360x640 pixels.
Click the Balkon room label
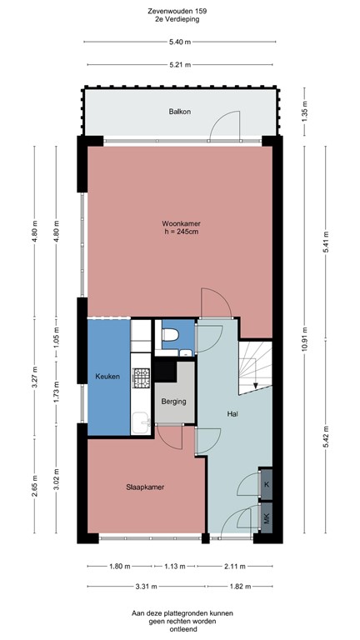point(180,111)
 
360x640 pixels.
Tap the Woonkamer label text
point(181,224)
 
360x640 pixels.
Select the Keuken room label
point(107,377)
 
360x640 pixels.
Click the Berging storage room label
point(174,402)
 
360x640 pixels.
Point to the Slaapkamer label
point(145,487)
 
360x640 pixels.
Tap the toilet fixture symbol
point(171,336)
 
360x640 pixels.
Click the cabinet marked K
point(266,483)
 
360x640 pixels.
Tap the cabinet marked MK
point(266,516)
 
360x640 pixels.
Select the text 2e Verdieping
point(180,21)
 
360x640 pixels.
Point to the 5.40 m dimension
point(180,42)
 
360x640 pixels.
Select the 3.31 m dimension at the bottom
point(146,587)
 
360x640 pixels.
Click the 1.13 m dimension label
point(174,567)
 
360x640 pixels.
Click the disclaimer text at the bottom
point(180,619)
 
